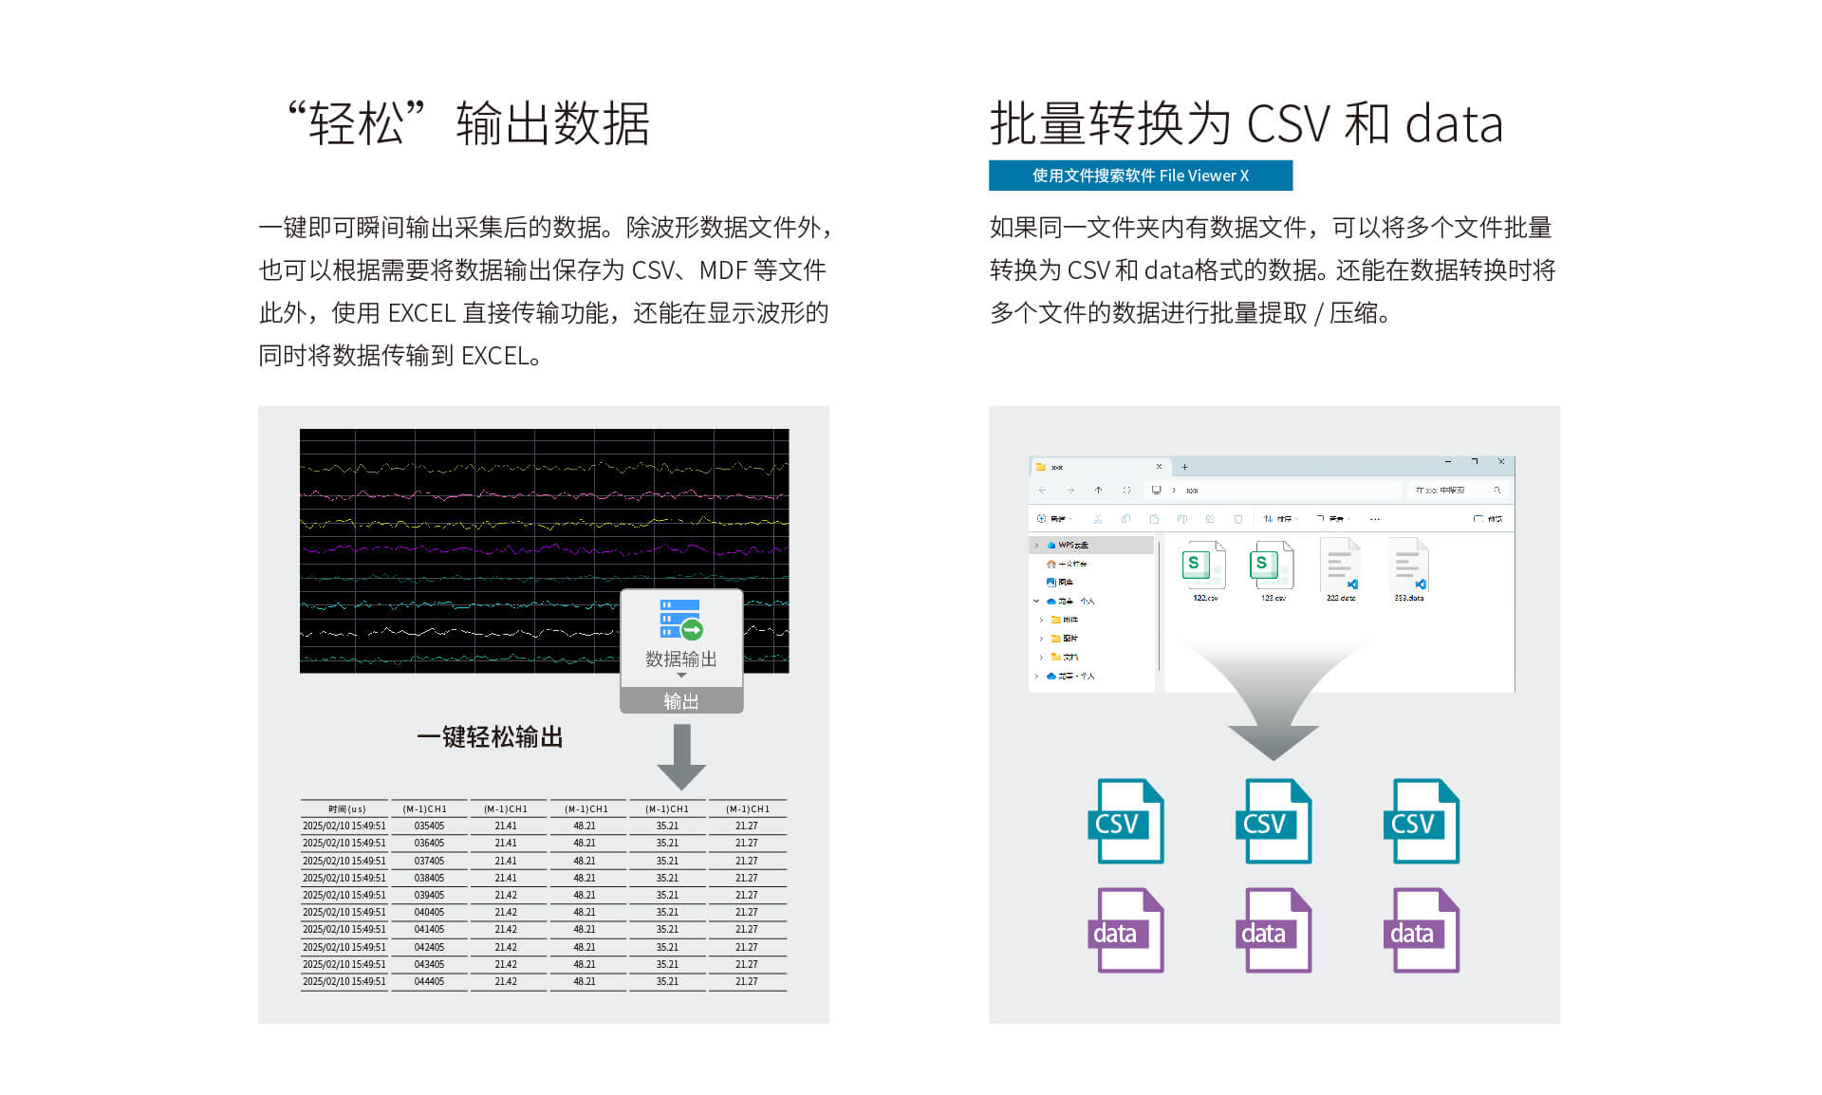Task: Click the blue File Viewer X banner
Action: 1140,176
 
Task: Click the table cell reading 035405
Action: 429,826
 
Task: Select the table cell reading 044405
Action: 429,982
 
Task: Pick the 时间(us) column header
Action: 346,809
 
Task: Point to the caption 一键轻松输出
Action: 490,737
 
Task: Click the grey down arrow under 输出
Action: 681,757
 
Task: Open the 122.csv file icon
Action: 1204,566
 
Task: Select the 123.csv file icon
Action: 1273,566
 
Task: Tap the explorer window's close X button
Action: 1501,462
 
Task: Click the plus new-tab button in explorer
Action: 1184,467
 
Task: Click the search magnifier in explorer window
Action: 1497,491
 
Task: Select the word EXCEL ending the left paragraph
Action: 494,356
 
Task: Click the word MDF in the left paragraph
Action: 723,270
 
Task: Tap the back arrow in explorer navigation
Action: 1042,491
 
